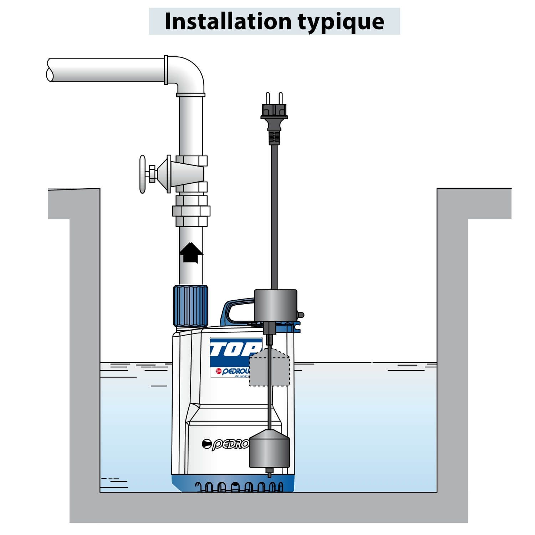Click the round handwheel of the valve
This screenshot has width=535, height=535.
(x=143, y=174)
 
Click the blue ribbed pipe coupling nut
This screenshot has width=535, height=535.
(x=190, y=306)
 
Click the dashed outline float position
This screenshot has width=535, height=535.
(x=269, y=369)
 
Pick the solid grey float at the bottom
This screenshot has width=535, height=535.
(x=270, y=450)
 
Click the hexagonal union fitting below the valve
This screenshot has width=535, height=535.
(x=191, y=211)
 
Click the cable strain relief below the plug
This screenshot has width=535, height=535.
(x=274, y=138)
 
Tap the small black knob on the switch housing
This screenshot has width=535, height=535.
(x=301, y=315)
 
